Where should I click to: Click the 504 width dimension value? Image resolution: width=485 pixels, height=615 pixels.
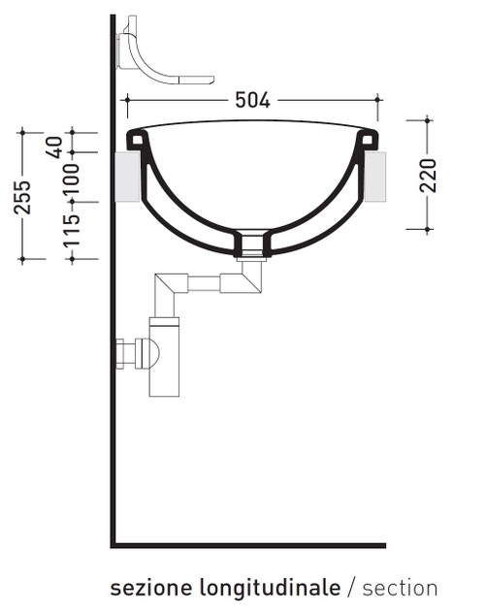[252, 99]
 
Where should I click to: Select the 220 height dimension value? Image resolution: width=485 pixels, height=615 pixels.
[429, 175]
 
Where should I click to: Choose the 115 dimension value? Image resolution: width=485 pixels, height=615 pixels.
[72, 231]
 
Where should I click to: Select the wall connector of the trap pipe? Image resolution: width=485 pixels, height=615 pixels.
[126, 353]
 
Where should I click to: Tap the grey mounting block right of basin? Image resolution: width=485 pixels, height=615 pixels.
[376, 176]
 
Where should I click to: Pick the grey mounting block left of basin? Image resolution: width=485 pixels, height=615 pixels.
[127, 176]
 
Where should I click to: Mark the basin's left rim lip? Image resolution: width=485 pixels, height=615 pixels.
[137, 141]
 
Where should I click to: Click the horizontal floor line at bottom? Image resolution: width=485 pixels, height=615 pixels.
[248, 545]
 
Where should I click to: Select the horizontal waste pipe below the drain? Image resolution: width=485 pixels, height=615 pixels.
[204, 283]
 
